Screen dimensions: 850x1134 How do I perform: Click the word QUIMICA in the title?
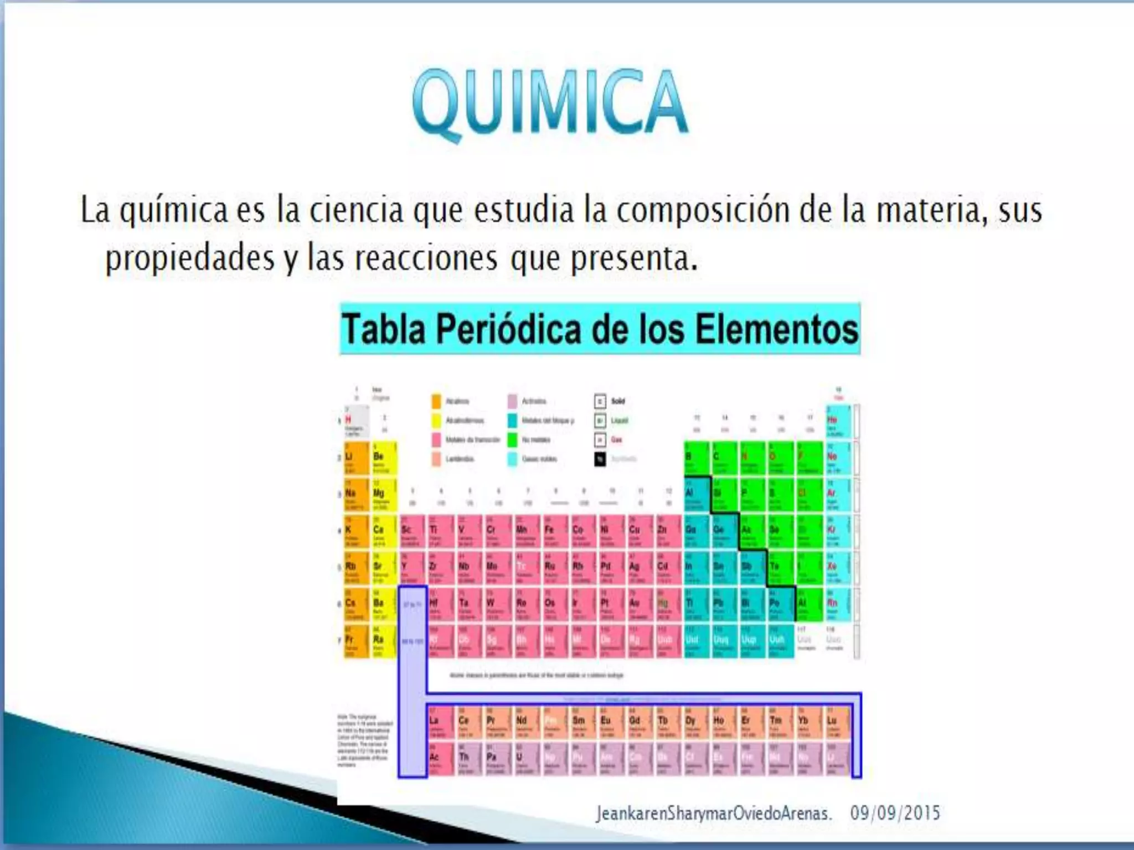pos(550,102)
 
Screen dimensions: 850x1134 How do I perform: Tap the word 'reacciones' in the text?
pos(426,258)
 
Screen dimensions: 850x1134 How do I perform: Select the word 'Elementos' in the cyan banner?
pos(776,329)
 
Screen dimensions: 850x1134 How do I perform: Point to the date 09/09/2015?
pos(895,813)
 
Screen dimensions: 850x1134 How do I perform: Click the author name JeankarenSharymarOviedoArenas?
pos(713,813)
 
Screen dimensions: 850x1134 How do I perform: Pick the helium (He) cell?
pos(838,422)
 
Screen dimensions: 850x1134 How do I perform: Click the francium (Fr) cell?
pos(356,642)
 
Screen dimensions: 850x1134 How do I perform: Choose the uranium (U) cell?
pos(525,759)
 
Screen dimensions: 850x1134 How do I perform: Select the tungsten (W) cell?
pos(497,605)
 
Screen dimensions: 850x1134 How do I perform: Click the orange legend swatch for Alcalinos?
pos(436,401)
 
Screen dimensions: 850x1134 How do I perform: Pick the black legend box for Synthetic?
pos(600,459)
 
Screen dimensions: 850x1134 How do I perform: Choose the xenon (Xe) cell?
pos(838,569)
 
